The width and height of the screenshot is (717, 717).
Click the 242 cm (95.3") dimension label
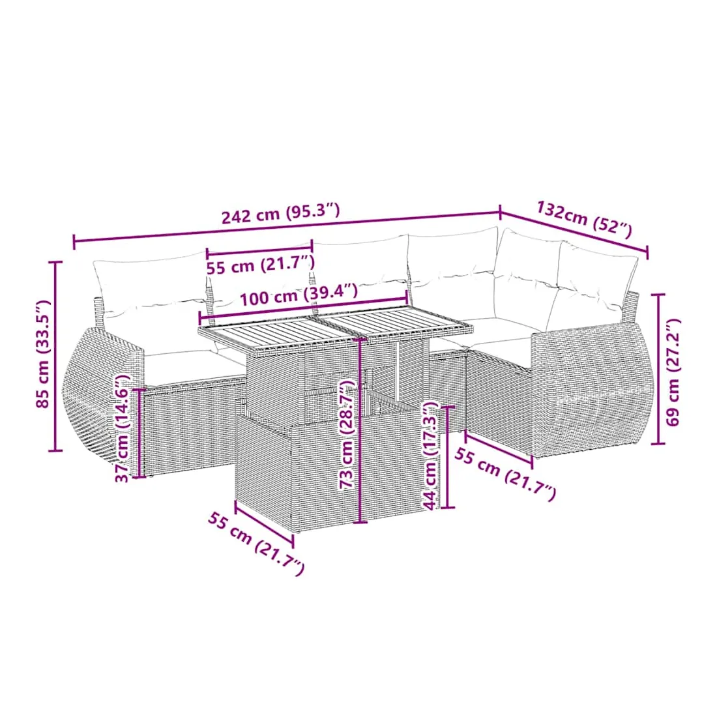(281, 213)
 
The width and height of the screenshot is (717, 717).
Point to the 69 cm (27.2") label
(673, 373)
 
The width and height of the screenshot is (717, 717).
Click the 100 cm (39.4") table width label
(299, 295)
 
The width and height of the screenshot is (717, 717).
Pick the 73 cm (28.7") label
(348, 434)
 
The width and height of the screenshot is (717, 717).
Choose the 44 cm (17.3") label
(430, 456)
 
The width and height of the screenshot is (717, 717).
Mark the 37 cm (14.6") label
(122, 428)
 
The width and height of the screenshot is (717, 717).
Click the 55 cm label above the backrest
(261, 266)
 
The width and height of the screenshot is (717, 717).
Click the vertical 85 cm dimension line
(55, 356)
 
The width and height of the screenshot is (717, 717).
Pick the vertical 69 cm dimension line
(658, 368)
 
